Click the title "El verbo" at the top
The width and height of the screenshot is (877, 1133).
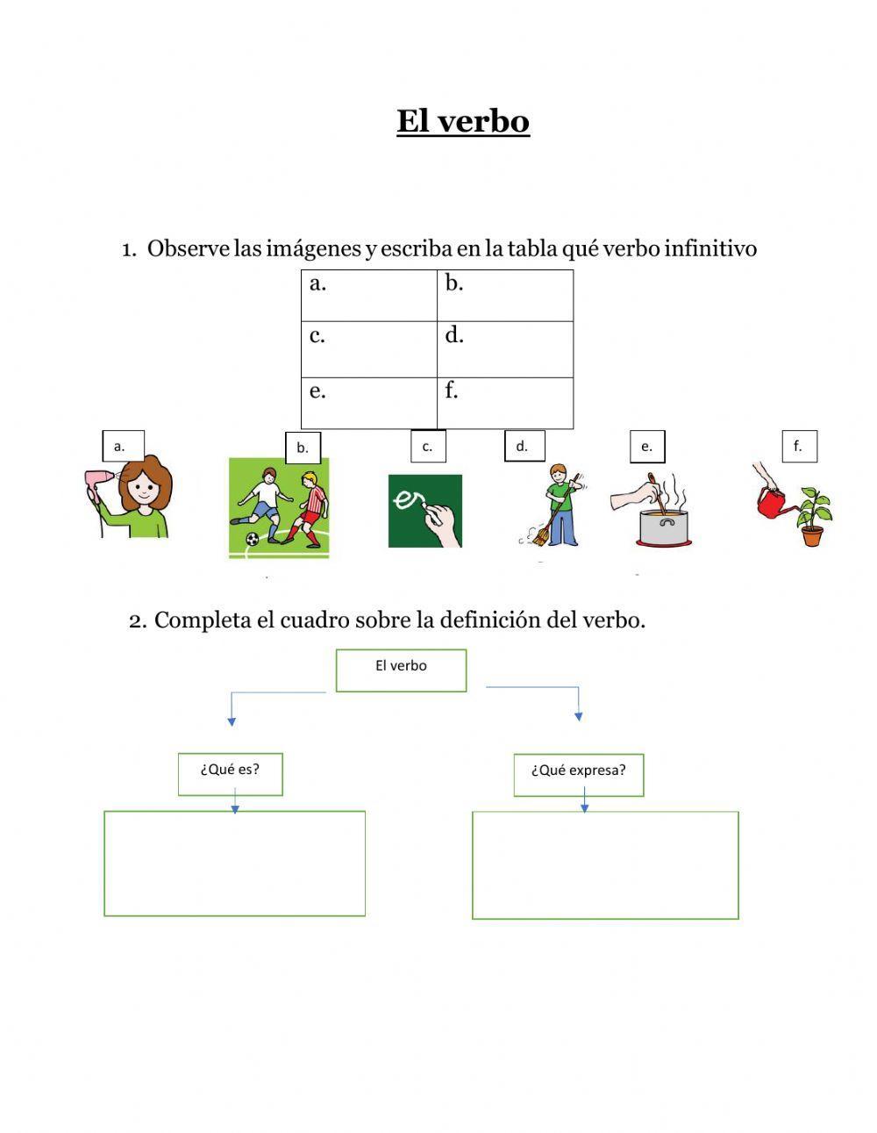click(462, 121)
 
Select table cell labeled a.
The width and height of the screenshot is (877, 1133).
click(368, 296)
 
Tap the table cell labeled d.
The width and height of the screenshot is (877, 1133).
click(505, 349)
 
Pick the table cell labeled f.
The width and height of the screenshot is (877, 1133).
click(505, 403)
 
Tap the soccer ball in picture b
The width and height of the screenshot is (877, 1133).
click(253, 539)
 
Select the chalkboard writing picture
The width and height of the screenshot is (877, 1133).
click(425, 511)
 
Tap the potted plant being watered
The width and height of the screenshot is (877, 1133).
click(813, 518)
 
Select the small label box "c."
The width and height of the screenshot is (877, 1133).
click(428, 446)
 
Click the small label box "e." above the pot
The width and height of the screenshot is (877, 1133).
click(647, 446)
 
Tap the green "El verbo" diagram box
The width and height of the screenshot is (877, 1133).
click(401, 670)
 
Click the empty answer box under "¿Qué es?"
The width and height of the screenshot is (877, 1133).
click(234, 864)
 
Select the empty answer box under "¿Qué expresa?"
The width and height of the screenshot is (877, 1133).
click(605, 865)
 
